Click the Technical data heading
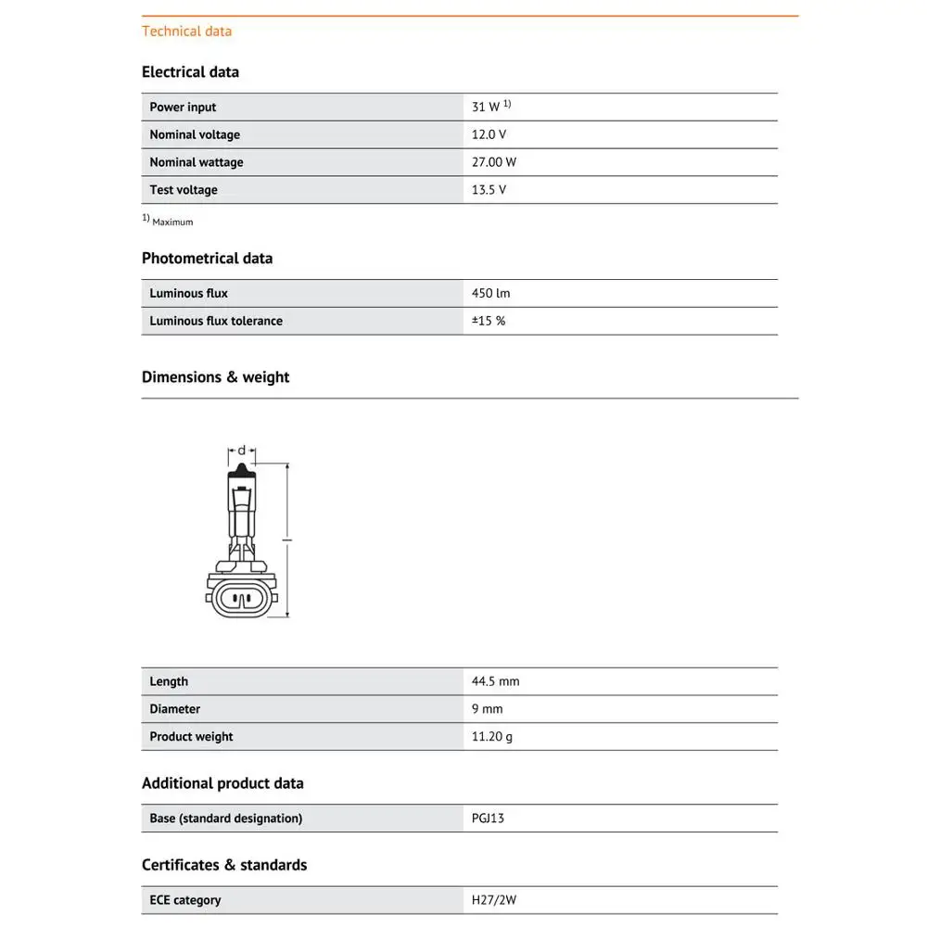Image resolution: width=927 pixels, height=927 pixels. pyautogui.click(x=186, y=32)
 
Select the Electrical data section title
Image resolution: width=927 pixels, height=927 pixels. pyautogui.click(x=190, y=72)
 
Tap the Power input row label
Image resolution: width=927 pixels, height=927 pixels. pyautogui.click(x=183, y=108)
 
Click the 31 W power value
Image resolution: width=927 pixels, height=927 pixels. pyautogui.click(x=486, y=108)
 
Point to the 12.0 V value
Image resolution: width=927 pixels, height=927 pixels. pyautogui.click(x=489, y=134)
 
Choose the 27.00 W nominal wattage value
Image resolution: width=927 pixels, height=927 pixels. pyautogui.click(x=493, y=162)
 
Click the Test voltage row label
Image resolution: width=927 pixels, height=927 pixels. pyautogui.click(x=184, y=190)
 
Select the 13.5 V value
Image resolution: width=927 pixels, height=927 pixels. pyautogui.click(x=489, y=190)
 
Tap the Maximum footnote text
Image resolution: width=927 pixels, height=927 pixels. pyautogui.click(x=172, y=222)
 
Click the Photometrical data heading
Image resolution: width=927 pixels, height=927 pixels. pyautogui.click(x=207, y=259)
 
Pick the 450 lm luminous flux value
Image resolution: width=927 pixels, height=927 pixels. pyautogui.click(x=490, y=294)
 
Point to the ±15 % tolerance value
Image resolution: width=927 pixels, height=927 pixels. pyautogui.click(x=489, y=321)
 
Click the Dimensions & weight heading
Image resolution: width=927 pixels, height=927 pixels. pyautogui.click(x=215, y=377)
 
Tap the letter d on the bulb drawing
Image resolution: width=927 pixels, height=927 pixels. pyautogui.click(x=242, y=451)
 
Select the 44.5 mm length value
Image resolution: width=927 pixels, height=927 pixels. pyautogui.click(x=495, y=681)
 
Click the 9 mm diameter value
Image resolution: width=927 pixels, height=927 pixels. pyautogui.click(x=487, y=709)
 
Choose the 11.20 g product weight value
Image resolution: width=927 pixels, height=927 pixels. pyautogui.click(x=492, y=737)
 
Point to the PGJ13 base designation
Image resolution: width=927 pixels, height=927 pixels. pyautogui.click(x=488, y=819)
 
